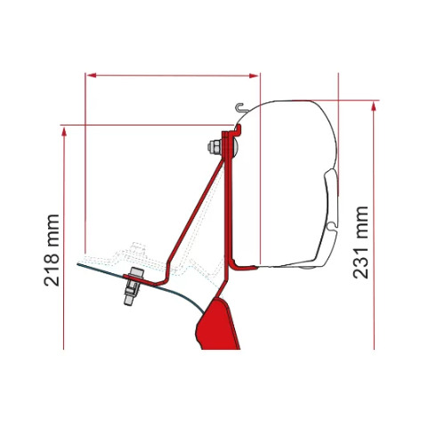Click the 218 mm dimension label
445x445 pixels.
click(52, 250)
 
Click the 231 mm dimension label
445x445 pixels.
click(360, 242)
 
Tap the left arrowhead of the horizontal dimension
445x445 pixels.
click(92, 76)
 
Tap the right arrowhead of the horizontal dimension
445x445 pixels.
click(254, 76)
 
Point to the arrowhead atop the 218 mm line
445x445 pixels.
click(63, 132)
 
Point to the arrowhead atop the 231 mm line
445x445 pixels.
click(374, 107)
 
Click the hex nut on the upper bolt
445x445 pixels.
click(214, 147)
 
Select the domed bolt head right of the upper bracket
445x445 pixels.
click(235, 147)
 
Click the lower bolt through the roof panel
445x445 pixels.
click(133, 286)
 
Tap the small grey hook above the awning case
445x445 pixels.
click(240, 108)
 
